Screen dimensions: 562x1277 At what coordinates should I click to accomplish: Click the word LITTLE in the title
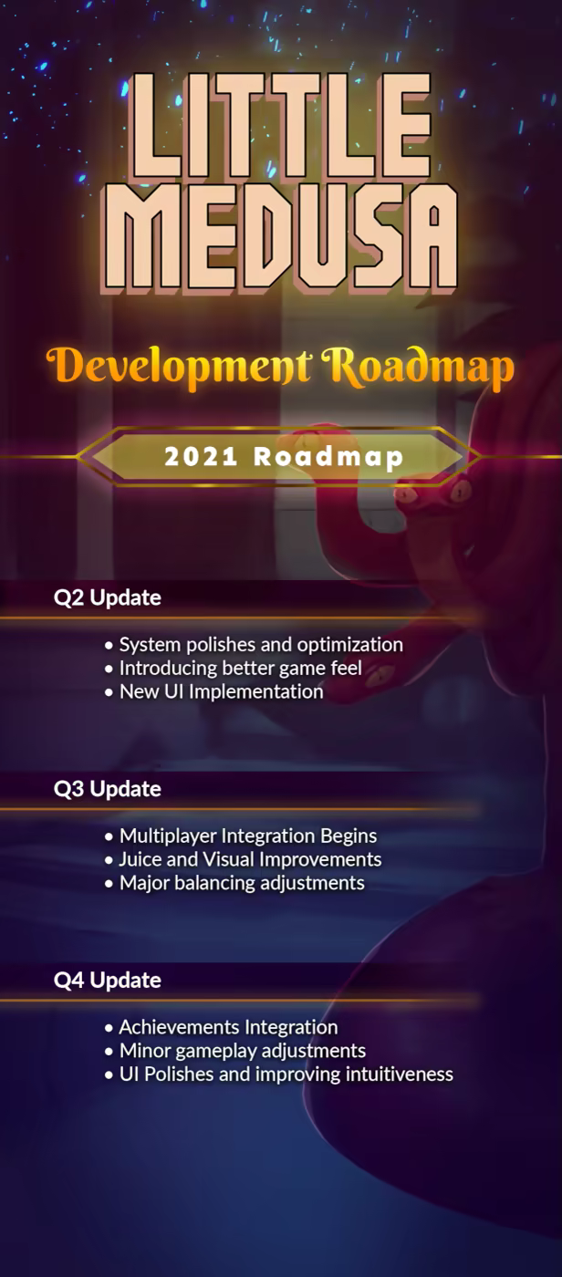tap(280, 126)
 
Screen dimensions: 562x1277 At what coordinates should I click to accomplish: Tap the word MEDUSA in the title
tap(280, 236)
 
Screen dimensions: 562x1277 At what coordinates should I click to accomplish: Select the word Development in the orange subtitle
tap(179, 368)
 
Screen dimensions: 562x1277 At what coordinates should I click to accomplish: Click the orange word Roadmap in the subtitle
tap(417, 368)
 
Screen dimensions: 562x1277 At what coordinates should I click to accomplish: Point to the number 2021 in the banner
tap(201, 457)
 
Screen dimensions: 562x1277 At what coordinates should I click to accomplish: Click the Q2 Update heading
tap(107, 597)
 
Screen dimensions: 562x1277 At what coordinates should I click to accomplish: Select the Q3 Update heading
tap(107, 788)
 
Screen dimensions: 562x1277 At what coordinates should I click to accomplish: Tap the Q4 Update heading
tap(107, 980)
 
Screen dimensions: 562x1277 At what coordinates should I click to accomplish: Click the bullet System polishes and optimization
tap(255, 645)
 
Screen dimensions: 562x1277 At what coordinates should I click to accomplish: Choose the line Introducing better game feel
tap(234, 668)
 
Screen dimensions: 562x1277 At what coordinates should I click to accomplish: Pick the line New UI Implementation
tap(214, 691)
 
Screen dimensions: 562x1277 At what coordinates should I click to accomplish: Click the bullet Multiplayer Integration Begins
tap(241, 836)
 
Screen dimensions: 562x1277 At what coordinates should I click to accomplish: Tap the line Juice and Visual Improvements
tap(244, 859)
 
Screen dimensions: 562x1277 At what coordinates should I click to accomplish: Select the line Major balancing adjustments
tap(234, 883)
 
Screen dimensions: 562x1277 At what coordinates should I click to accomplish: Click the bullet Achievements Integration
tap(222, 1027)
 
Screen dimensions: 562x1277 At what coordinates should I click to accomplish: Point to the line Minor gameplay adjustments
tap(235, 1051)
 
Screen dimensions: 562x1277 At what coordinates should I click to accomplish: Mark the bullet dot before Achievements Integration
tap(109, 1029)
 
